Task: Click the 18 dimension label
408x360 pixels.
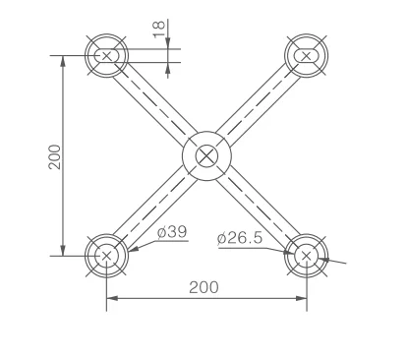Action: click(159, 29)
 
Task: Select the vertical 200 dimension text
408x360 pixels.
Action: click(55, 156)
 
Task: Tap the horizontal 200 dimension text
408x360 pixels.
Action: click(204, 287)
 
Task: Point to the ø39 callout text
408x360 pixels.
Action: click(172, 232)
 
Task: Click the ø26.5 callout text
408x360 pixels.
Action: click(240, 238)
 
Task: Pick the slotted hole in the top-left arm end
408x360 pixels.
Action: click(106, 56)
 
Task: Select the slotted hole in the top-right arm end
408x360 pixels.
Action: click(307, 56)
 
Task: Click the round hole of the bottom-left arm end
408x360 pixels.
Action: click(106, 256)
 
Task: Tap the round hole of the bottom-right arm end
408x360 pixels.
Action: click(306, 256)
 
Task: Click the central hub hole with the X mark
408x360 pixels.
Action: click(206, 155)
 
